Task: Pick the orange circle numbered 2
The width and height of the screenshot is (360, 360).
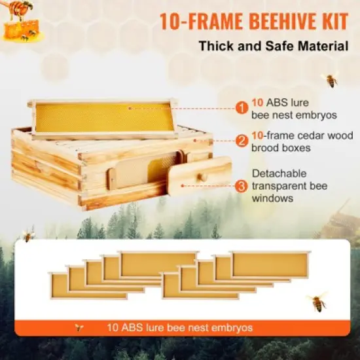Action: [x=242, y=140]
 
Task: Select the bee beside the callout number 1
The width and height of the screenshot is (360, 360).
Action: [x=331, y=81]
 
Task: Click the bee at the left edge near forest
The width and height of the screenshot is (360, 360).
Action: [x=28, y=234]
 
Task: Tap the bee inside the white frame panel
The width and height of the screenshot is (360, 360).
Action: [x=317, y=302]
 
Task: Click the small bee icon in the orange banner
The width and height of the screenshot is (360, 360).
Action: [x=81, y=327]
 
